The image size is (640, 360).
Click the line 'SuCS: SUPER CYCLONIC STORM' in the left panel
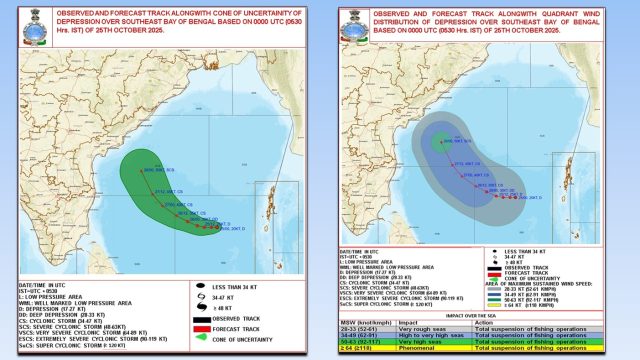pos(69,353)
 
